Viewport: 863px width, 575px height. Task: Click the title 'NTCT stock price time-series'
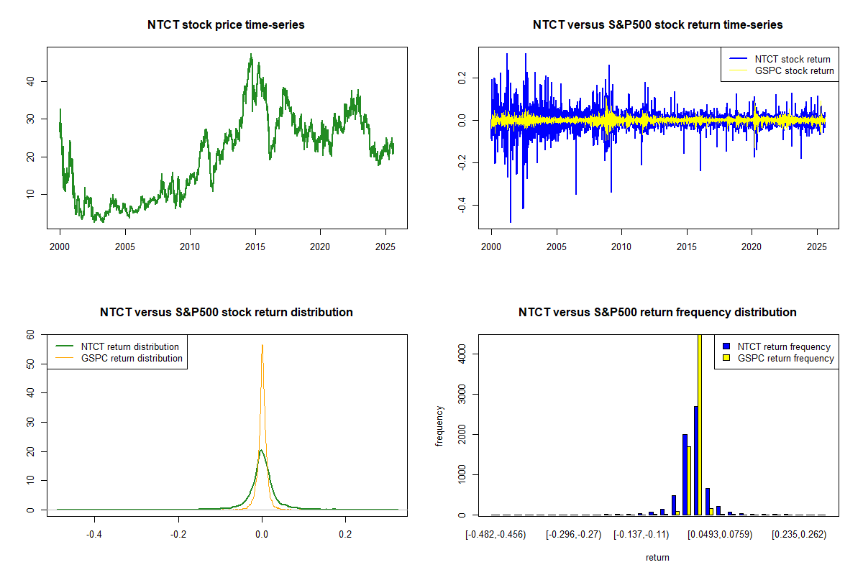pos(226,25)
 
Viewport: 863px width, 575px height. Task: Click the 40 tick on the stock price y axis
pos(34,81)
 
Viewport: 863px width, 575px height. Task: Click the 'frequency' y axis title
pos(439,426)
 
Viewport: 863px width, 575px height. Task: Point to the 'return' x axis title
pos(657,558)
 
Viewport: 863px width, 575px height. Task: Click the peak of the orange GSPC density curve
pos(262,345)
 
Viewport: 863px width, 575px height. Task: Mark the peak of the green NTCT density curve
pos(261,451)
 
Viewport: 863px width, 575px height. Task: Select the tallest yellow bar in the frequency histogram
pos(700,424)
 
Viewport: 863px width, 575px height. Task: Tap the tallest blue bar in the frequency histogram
pos(695,461)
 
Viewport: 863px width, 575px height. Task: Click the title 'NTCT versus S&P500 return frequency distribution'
pos(657,313)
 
